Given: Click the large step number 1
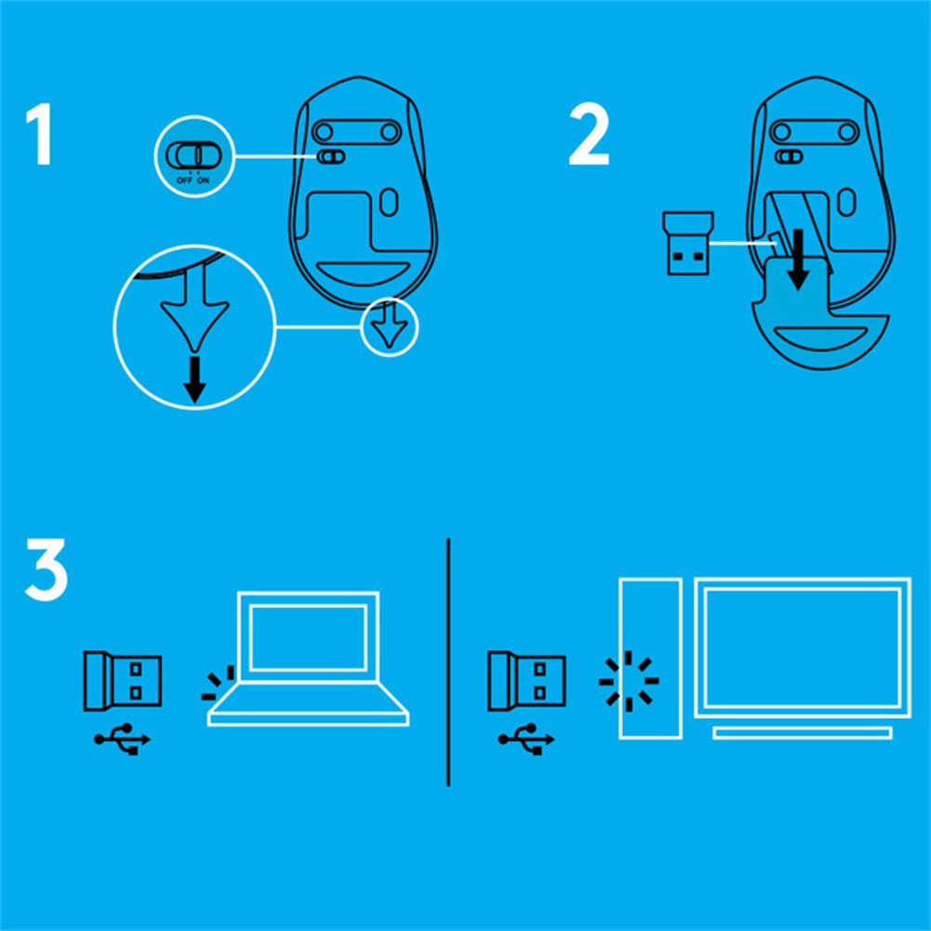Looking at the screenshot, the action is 40,134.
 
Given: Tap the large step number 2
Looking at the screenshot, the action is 589,135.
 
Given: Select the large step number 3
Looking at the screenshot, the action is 47,569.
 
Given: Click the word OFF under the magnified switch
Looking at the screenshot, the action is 184,180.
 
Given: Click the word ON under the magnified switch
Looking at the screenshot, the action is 203,180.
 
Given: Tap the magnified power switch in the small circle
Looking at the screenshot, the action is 193,155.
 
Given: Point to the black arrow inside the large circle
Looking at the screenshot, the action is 194,379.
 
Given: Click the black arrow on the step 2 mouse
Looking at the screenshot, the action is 799,260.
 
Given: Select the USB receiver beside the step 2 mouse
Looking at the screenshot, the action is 688,244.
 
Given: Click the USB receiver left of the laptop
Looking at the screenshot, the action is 123,681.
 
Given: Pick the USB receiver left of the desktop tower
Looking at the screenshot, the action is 526,681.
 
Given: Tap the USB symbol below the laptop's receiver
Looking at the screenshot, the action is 123,739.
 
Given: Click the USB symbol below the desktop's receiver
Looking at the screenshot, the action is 526,739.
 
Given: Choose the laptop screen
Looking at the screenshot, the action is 308,638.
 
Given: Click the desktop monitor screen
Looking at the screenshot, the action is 803,647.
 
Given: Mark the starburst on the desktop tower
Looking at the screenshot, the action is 629,681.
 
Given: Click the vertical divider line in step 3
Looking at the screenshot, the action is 448,662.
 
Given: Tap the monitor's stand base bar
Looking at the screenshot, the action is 803,733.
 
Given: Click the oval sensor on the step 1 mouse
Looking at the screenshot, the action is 389,202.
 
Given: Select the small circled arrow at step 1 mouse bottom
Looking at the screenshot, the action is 390,327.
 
